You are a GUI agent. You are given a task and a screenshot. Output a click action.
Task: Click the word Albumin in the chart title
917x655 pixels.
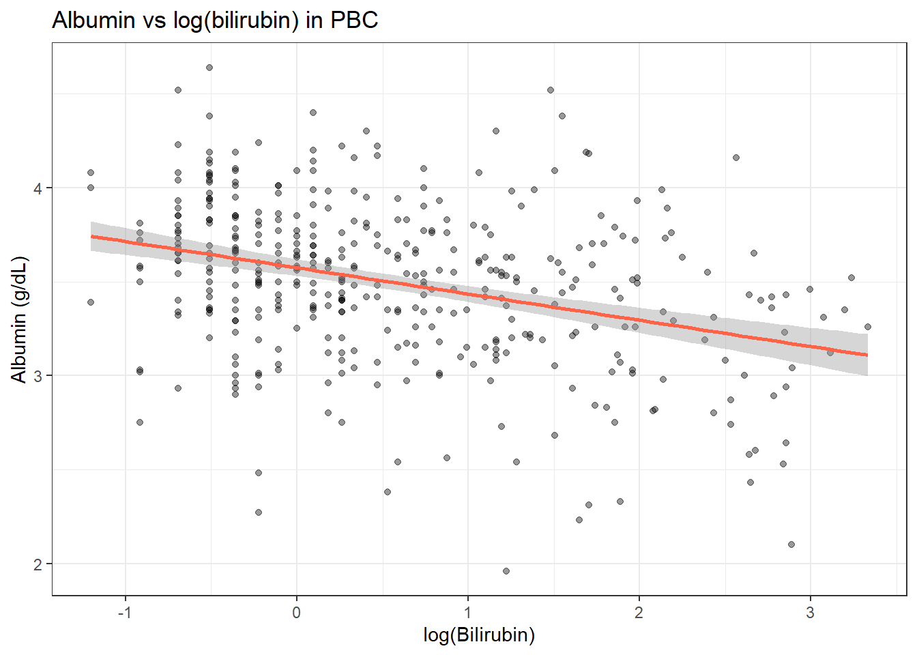(93, 20)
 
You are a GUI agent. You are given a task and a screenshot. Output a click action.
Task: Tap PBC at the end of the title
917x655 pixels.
(354, 20)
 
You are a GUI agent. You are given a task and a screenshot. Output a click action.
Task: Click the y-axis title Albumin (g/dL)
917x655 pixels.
(19, 320)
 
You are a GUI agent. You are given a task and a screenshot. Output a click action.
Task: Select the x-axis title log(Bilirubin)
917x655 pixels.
(479, 635)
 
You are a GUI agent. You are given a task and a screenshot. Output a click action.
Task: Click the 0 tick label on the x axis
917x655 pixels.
(296, 613)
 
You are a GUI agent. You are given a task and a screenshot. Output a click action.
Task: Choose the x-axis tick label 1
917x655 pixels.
(467, 613)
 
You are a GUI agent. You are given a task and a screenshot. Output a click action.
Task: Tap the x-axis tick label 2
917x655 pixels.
(639, 613)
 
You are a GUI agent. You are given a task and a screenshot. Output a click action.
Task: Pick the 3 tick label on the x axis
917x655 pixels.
(810, 613)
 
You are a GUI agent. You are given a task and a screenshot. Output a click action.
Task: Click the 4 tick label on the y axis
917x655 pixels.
(38, 188)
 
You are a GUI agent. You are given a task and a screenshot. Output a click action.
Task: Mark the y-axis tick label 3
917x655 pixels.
(38, 376)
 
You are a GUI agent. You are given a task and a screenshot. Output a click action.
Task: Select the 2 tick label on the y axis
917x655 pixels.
(38, 564)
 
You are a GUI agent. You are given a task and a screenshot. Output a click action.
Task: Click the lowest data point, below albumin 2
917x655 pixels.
(506, 571)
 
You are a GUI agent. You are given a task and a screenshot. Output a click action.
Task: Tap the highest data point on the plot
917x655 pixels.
(209, 68)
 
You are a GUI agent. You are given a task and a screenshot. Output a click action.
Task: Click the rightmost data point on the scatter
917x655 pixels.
(867, 327)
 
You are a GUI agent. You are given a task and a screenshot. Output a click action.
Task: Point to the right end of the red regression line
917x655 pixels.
(867, 355)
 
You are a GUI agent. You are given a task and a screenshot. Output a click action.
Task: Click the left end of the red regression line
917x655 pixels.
(91, 237)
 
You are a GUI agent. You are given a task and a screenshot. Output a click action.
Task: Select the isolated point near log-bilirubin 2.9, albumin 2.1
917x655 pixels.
(791, 544)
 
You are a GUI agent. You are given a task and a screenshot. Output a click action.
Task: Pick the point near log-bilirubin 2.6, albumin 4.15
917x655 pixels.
(736, 158)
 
